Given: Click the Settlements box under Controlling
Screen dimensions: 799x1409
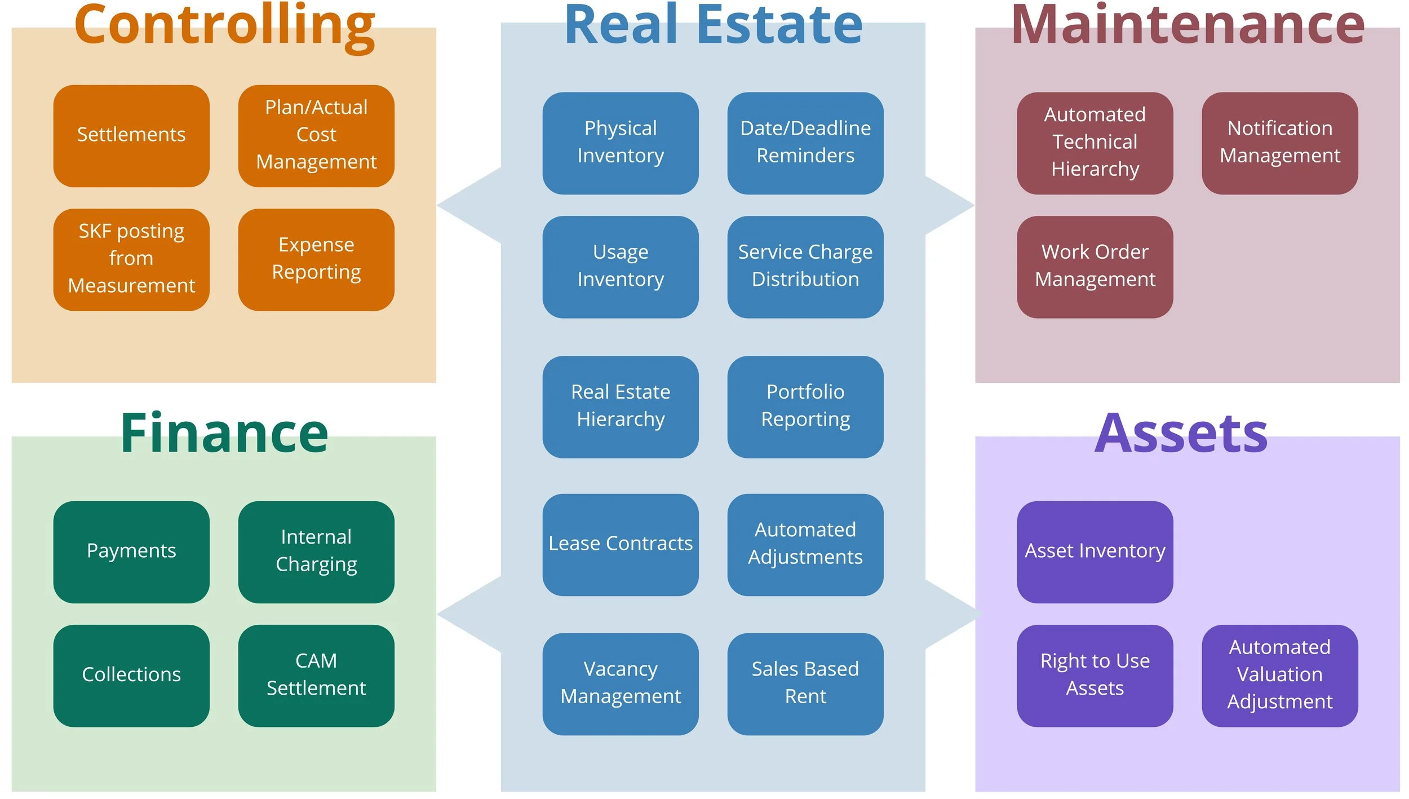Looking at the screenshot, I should [131, 136].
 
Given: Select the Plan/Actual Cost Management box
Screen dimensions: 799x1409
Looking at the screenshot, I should [316, 136].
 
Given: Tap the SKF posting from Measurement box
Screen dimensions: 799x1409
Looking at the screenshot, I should [131, 259].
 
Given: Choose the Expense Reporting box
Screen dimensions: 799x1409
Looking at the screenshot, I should [316, 259].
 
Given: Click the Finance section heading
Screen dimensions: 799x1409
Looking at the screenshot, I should [224, 433].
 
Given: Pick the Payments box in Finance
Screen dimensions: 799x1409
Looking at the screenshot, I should [131, 551].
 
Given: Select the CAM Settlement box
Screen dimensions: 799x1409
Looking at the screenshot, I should [316, 675].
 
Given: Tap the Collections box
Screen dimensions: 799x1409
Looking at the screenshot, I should [131, 675].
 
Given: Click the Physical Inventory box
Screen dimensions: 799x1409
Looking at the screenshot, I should [621, 143].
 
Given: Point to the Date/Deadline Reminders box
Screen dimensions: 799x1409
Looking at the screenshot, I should [805, 143].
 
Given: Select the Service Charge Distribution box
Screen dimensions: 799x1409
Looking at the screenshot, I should [805, 267].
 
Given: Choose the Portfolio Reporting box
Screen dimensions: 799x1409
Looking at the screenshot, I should [805, 407].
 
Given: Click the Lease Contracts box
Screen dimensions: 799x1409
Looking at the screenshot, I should [621, 545].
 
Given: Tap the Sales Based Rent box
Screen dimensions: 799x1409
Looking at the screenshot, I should [805, 683].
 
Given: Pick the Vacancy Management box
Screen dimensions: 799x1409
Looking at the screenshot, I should [621, 683].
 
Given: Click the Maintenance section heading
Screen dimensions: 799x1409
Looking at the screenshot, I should [1188, 25].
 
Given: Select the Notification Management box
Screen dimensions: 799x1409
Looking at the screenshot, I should [1279, 143].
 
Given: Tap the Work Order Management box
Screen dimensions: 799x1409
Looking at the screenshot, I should [1095, 267].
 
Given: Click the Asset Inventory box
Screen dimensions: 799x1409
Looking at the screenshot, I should [1095, 551].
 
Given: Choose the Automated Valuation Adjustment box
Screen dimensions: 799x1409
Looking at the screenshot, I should [1279, 675].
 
